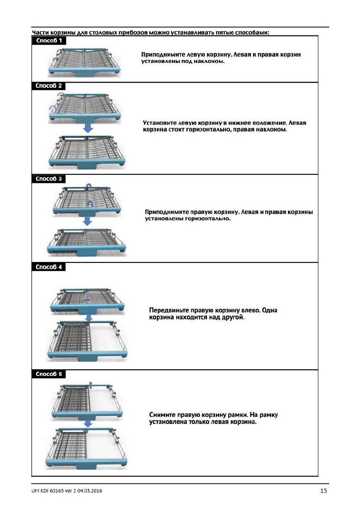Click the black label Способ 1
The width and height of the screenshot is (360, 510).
pyautogui.click(x=49, y=41)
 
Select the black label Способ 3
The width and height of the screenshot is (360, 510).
pyautogui.click(x=49, y=178)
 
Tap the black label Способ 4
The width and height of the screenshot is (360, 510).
pyautogui.click(x=49, y=267)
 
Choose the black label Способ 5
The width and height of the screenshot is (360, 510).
pyautogui.click(x=49, y=374)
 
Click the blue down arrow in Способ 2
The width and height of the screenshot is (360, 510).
pyautogui.click(x=87, y=128)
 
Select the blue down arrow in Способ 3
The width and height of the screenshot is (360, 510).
pyautogui.click(x=87, y=221)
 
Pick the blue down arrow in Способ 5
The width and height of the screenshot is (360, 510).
pyautogui.click(x=88, y=424)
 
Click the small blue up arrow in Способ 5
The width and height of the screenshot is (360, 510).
pyautogui.click(x=90, y=383)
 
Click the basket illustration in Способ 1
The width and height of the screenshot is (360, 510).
pyautogui.click(x=86, y=62)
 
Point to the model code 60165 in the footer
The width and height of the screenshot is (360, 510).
pyautogui.click(x=60, y=491)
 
